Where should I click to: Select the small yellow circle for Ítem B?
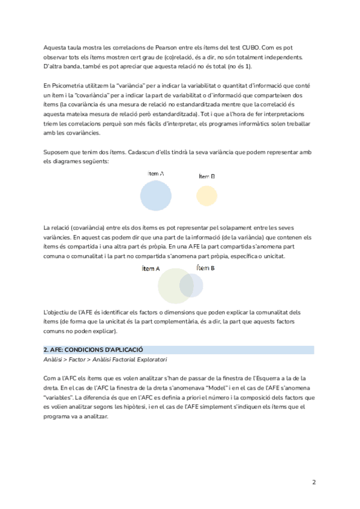pyautogui.click(x=206, y=196)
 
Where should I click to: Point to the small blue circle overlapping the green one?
pyautogui.click(x=191, y=285)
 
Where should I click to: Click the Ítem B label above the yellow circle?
pyautogui.click(x=206, y=176)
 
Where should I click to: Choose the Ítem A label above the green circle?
pyautogui.click(x=151, y=268)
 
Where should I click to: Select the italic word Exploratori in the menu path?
pyautogui.click(x=151, y=360)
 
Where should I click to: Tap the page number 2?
pyautogui.click(x=314, y=482)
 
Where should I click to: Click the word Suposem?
pyautogui.click(x=56, y=152)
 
